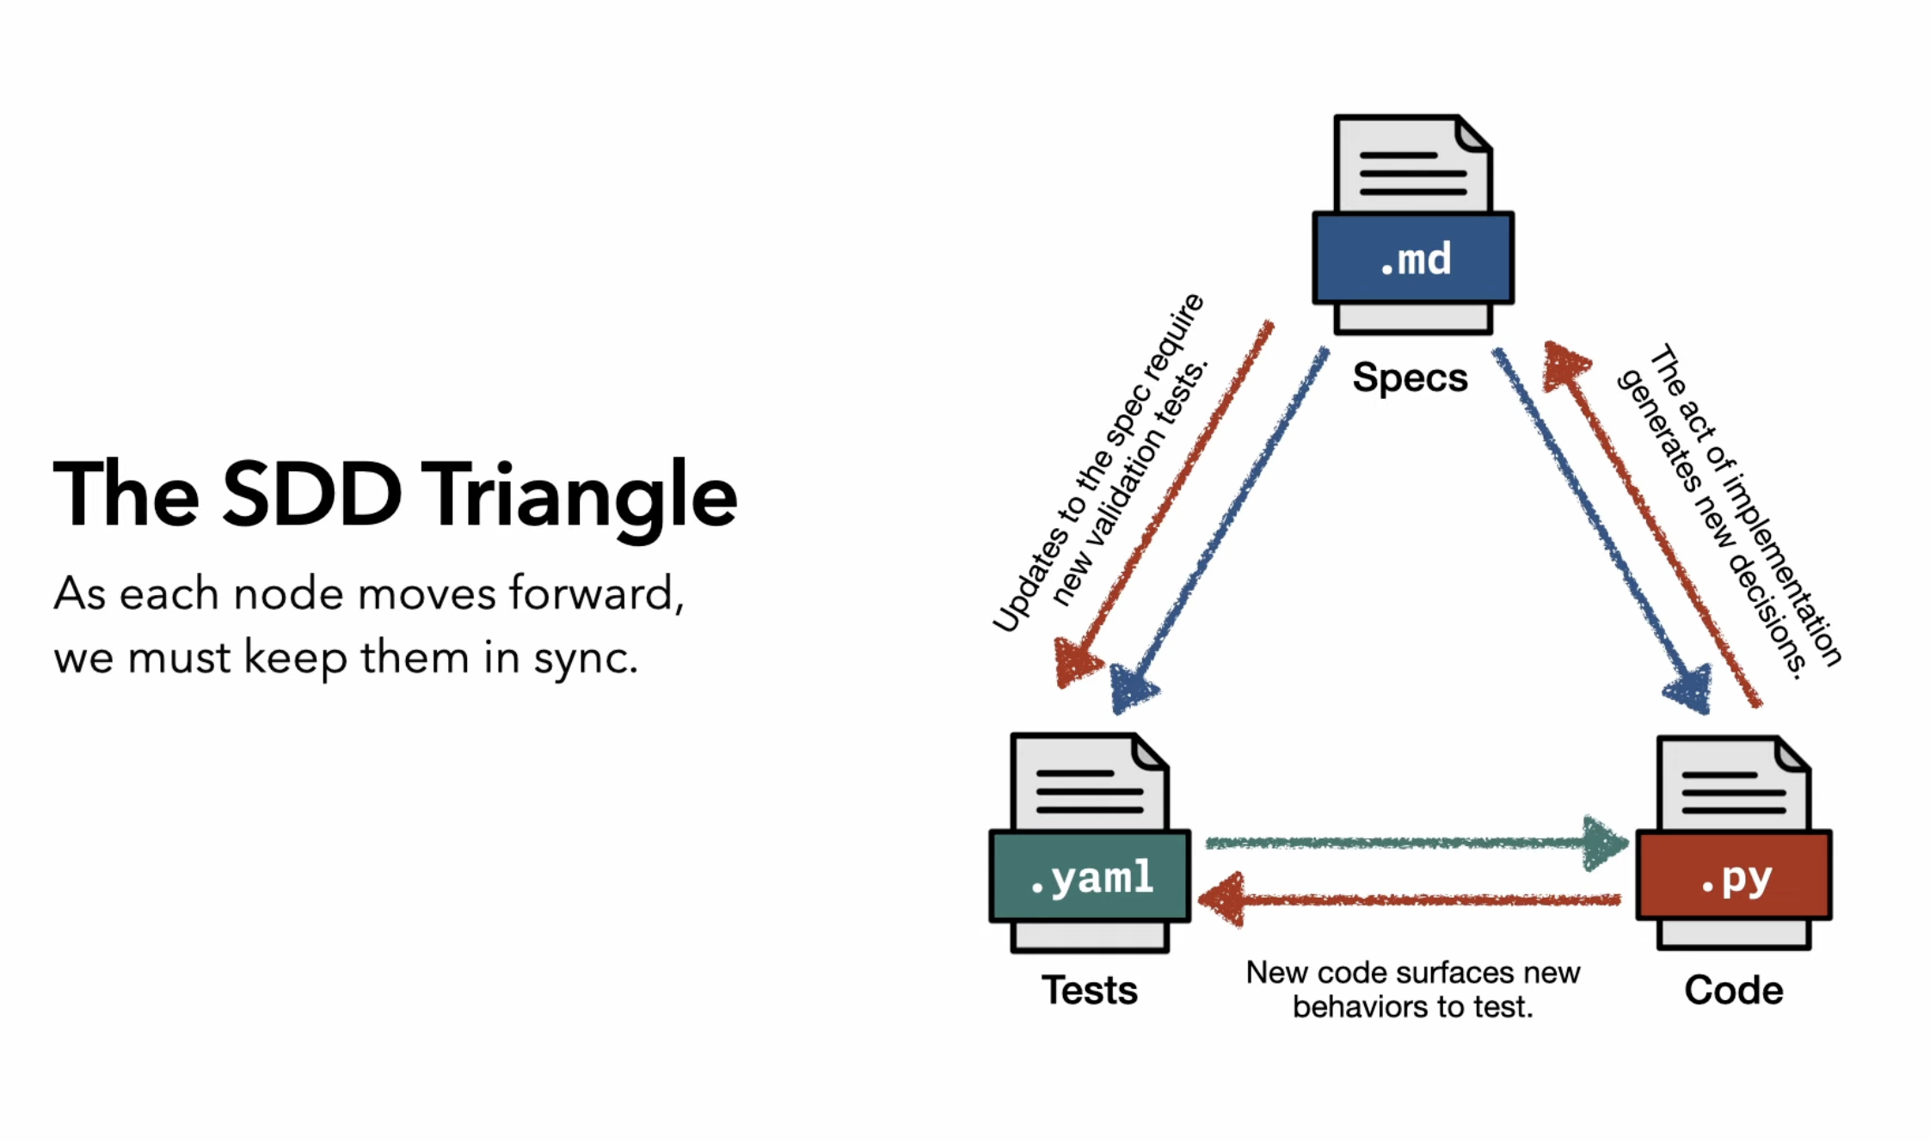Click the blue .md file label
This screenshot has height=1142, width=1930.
tap(1413, 258)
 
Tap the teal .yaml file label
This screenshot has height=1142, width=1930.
tap(1091, 877)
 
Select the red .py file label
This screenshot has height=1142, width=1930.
tap(1734, 877)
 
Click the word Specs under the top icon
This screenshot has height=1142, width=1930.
tap(1410, 378)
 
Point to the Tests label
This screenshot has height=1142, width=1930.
tap(1089, 990)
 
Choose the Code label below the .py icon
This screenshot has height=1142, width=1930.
tap(1733, 990)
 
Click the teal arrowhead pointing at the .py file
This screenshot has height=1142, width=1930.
tap(1604, 844)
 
